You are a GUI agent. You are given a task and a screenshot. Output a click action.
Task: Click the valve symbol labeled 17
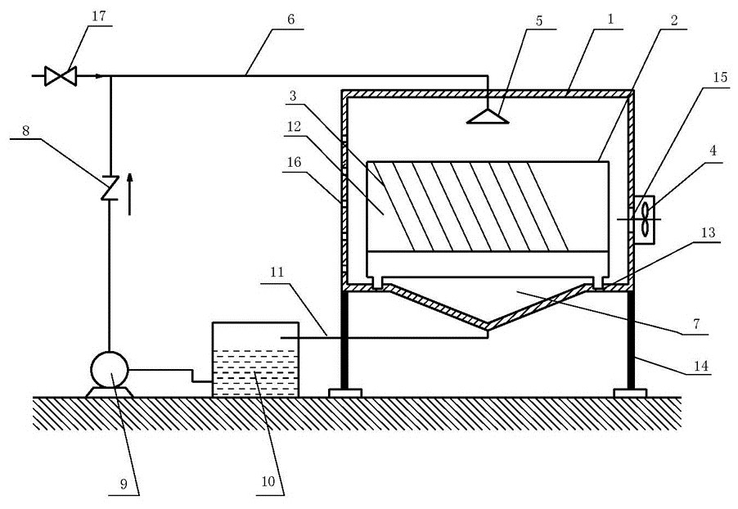(61, 76)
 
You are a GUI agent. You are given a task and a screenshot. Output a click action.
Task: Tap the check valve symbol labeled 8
(110, 187)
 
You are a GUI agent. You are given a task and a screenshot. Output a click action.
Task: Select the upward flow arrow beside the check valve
(130, 194)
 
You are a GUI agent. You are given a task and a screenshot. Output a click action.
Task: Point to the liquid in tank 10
(255, 373)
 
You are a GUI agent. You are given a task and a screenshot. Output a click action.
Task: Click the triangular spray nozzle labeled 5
(488, 116)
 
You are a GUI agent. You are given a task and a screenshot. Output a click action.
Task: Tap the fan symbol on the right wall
(644, 219)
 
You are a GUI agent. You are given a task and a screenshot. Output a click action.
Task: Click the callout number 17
(99, 16)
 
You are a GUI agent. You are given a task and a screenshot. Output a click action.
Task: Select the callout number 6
(290, 20)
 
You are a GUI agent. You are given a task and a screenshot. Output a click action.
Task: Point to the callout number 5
(539, 20)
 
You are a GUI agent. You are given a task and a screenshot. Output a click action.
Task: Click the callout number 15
(720, 77)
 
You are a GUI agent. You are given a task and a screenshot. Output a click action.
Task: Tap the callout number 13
(708, 232)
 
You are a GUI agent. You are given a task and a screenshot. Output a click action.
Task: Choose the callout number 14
(701, 366)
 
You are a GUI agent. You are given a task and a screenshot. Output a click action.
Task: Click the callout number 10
(268, 481)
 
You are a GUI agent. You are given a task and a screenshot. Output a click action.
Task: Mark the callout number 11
(277, 273)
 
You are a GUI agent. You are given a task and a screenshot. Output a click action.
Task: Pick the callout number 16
(294, 162)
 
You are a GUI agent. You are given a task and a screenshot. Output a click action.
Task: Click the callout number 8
(25, 130)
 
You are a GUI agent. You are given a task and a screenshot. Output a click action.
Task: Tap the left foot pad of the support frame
(345, 393)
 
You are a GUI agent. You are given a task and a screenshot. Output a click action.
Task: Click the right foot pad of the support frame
(630, 393)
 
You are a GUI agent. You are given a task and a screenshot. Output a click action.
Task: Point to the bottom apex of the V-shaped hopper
(488, 327)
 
